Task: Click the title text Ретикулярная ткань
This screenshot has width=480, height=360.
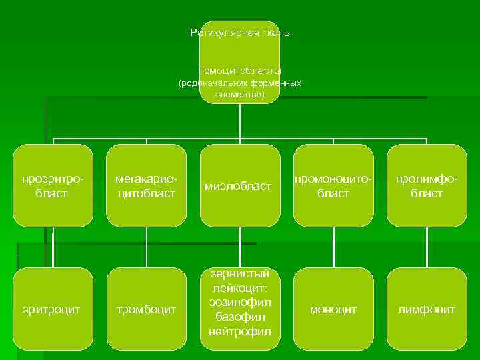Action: click(239, 33)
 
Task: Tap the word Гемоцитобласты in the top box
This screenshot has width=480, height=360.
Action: click(239, 70)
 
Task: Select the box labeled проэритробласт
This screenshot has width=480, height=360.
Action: click(53, 186)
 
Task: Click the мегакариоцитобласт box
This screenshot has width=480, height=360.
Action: click(146, 186)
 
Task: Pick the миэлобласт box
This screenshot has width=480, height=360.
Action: click(239, 186)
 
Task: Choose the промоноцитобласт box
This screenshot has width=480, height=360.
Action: click(333, 186)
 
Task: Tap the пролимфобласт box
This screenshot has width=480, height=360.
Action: click(427, 186)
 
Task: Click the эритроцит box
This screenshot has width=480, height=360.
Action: click(53, 309)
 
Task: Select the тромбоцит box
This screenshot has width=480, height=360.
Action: click(146, 309)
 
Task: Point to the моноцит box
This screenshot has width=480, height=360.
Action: click(333, 309)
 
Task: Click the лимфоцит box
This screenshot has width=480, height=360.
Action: click(427, 309)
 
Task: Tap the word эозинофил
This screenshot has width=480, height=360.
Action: click(239, 303)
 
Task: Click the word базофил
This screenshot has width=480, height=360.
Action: click(239, 317)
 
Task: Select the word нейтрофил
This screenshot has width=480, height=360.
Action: click(239, 331)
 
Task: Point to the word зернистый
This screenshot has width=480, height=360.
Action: click(239, 274)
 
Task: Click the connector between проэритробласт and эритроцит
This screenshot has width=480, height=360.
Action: click(53, 247)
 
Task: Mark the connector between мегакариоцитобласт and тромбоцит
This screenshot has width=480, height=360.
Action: click(146, 247)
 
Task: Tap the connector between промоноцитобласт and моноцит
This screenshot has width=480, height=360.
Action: click(333, 247)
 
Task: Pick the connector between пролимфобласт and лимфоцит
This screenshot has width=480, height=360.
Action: click(427, 247)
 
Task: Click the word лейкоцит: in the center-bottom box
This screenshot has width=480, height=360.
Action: click(239, 289)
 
